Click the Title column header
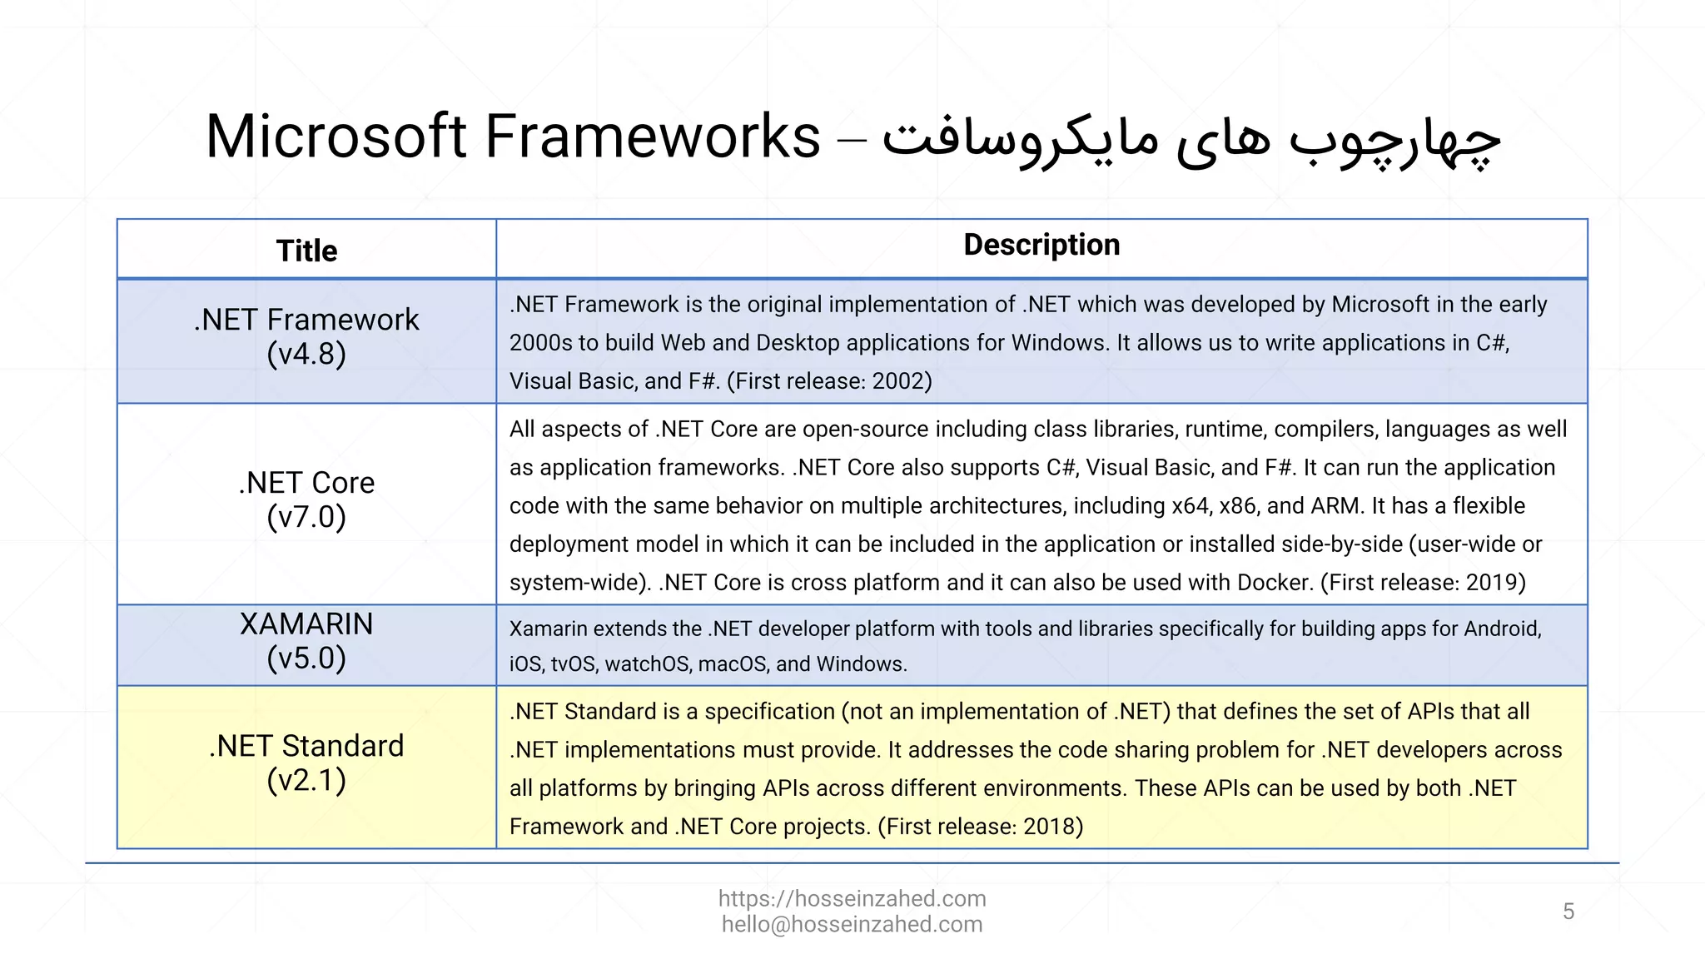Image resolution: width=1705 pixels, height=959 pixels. coord(306,251)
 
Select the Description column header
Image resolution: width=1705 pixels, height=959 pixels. coord(1041,245)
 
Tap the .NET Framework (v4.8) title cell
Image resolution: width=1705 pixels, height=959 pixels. coord(306,337)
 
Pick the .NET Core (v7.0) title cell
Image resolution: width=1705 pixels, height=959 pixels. coord(306,500)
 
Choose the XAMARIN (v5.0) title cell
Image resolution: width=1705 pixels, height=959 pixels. coord(306,641)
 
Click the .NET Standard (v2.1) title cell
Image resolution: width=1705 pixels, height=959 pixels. coord(306,763)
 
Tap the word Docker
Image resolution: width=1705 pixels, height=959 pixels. coord(1275,583)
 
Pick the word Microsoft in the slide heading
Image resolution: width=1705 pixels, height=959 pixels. coord(336,137)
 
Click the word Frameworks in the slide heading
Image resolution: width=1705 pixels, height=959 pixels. coord(652,137)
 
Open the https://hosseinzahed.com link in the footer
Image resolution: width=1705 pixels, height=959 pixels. coord(852,899)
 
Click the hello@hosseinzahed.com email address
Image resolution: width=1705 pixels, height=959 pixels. coord(852,925)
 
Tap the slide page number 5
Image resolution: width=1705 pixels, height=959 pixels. coord(1568,912)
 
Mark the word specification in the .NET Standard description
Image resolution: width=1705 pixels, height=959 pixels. coord(769,712)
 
